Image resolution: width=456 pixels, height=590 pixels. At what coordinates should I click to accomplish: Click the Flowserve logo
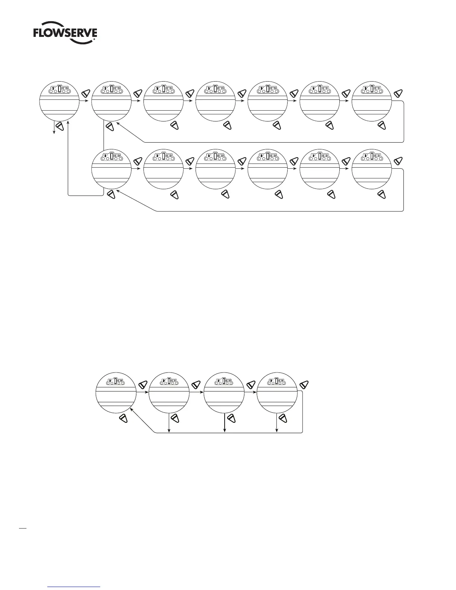66,34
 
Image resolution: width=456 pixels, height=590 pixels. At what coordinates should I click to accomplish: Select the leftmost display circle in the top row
59,101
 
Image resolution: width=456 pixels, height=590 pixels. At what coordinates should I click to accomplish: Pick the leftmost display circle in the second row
111,169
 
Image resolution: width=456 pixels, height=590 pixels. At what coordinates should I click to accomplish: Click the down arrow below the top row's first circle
54,129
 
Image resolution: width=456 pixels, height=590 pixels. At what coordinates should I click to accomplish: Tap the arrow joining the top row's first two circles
85,101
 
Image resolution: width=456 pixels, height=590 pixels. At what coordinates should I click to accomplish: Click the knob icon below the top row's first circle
60,127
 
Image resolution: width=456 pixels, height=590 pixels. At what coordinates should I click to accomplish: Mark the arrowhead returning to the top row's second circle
118,125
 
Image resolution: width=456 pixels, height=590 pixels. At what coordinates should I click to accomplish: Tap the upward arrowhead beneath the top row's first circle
68,122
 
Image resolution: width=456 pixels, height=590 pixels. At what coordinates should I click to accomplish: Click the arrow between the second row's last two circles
345,169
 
